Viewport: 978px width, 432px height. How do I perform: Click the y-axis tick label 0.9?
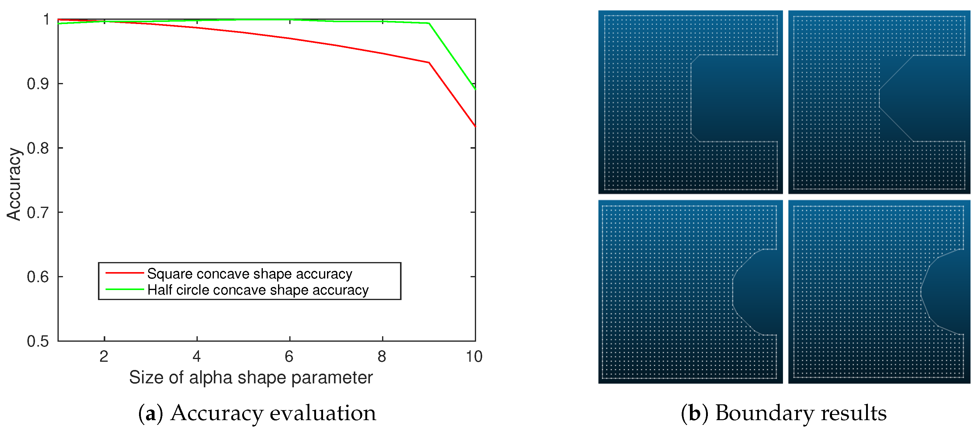click(x=38, y=84)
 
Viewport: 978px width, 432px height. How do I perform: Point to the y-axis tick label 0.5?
click(x=38, y=341)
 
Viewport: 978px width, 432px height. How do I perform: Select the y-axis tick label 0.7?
click(x=38, y=213)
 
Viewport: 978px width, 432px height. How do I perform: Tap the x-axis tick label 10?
click(x=474, y=357)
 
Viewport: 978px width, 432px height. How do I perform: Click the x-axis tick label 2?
click(x=104, y=357)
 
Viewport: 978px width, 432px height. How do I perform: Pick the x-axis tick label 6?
click(x=289, y=357)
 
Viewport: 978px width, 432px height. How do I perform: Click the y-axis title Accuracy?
click(x=14, y=184)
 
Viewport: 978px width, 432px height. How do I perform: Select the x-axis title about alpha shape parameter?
click(x=251, y=377)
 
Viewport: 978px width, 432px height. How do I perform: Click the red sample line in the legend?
click(x=124, y=273)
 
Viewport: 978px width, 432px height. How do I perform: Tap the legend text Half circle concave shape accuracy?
click(x=258, y=290)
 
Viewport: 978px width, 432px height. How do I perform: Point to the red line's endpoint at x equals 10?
click(x=475, y=126)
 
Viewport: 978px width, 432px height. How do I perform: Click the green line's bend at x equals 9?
click(x=429, y=23)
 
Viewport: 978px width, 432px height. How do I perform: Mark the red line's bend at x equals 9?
click(x=429, y=63)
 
